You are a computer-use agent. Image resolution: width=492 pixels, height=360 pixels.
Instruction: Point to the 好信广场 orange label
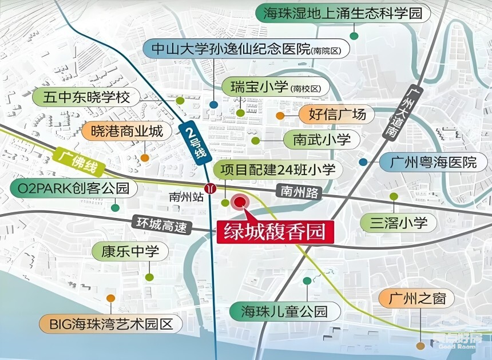point(336,114)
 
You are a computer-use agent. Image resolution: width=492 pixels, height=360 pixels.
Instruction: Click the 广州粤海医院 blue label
point(433,162)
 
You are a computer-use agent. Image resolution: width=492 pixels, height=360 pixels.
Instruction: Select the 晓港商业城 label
point(126,131)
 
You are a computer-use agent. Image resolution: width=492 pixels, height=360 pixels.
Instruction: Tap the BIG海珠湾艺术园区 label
point(110,325)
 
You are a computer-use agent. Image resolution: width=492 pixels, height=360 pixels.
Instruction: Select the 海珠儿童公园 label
point(284,312)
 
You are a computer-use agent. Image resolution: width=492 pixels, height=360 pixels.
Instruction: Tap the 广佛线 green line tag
point(77,162)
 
